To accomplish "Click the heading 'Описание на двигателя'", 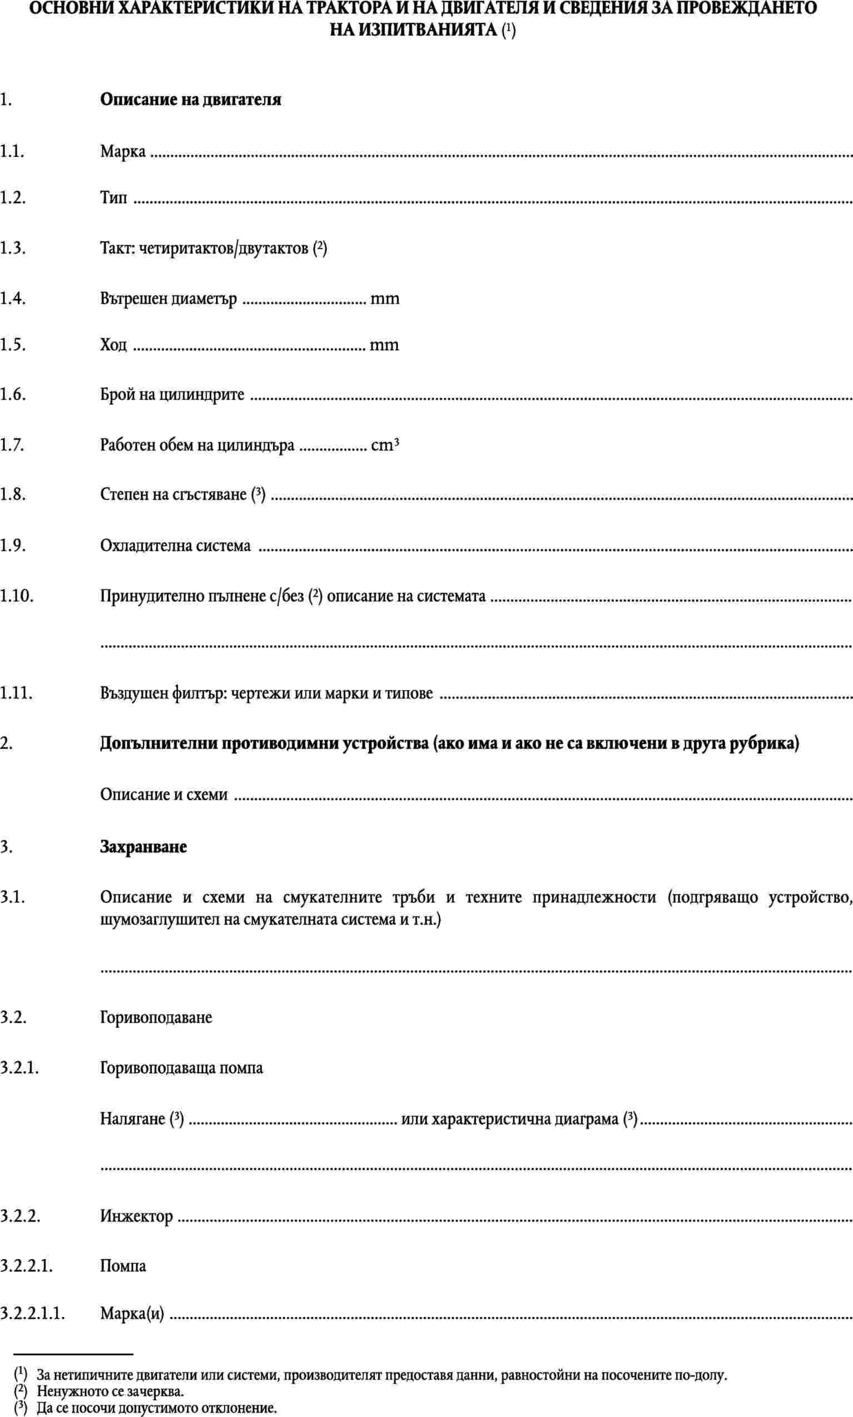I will (190, 100).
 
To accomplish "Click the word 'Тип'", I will (114, 198).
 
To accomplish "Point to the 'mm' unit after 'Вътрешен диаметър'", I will (385, 299).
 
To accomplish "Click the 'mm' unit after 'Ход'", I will (384, 345).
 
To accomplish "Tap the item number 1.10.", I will (17, 596).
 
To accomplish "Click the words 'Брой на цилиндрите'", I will (172, 395).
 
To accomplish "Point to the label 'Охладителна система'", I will (175, 545).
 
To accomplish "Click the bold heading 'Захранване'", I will (143, 847).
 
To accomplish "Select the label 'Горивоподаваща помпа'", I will (182, 1068).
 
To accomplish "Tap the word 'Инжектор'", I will (136, 1216).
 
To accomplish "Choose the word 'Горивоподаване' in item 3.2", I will (156, 1018).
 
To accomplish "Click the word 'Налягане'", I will (133, 1119).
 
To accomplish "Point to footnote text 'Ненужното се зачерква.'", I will (110, 1386).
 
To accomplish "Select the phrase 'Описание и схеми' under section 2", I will (164, 795).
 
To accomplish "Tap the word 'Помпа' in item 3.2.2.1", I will (123, 1266).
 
